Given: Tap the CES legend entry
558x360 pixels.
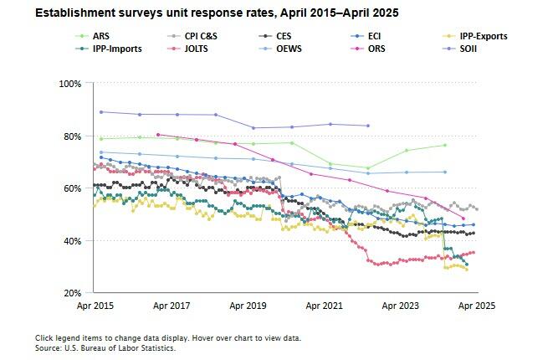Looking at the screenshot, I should coord(284,37).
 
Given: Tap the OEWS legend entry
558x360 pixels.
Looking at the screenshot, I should coord(287,49).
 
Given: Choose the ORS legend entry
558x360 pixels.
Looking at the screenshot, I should coord(375,49).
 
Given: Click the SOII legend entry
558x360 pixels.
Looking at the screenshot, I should coord(469,49).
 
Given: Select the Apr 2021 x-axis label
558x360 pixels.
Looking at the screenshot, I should coord(324,306).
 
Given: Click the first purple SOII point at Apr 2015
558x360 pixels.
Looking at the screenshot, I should coord(101,112).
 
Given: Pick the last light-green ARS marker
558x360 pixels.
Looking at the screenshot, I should coord(445,146).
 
